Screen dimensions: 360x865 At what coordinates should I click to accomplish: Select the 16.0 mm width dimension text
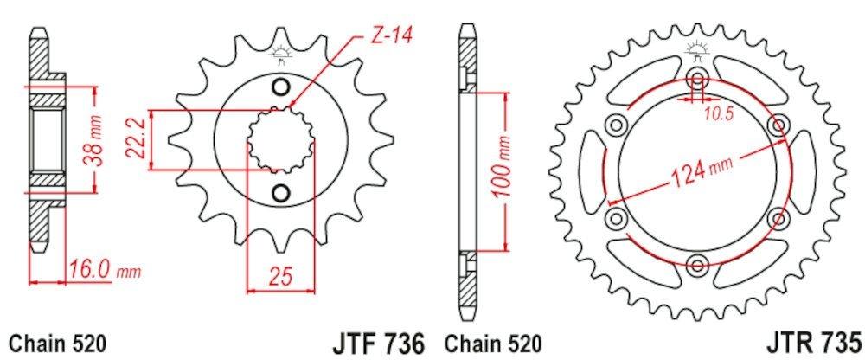[104, 271]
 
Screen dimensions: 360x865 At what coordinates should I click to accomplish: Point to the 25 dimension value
[279, 276]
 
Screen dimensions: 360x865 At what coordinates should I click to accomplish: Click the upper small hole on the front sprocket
[280, 87]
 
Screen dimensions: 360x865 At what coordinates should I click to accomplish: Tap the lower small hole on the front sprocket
[280, 191]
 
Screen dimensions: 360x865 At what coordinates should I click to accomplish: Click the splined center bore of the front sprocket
[279, 139]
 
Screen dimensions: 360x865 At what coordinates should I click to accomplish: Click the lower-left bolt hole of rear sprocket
[616, 216]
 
